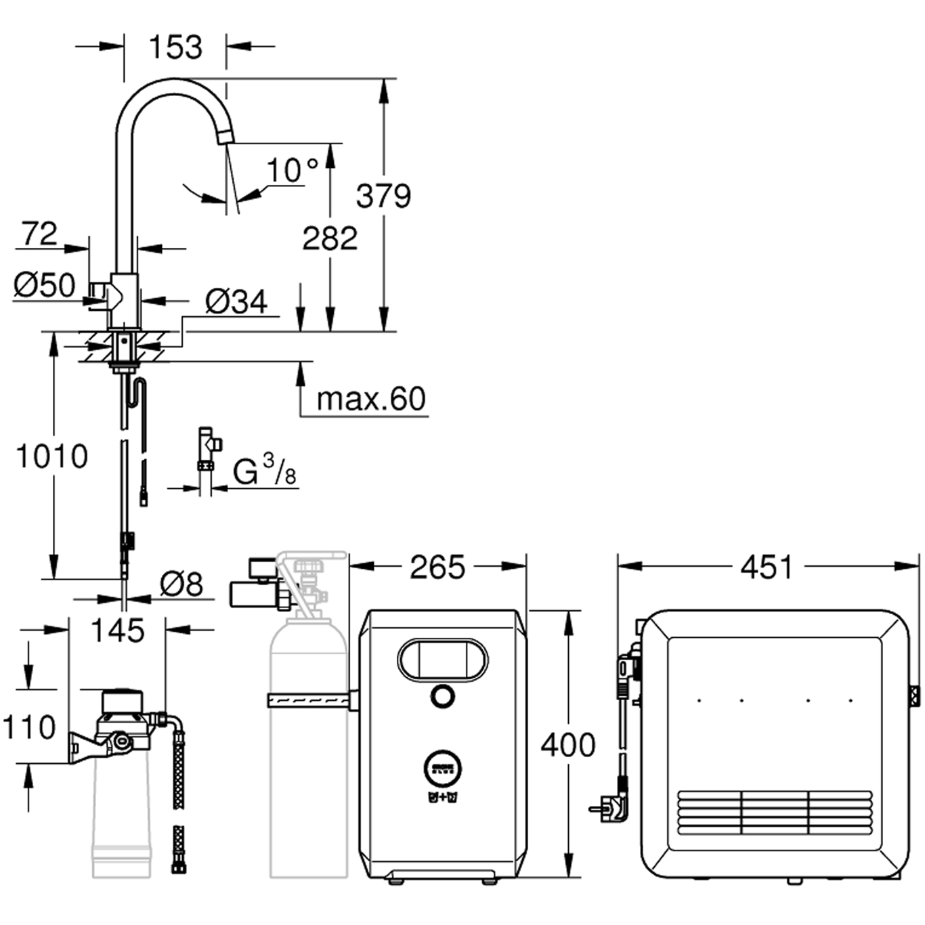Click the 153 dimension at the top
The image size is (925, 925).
(x=175, y=47)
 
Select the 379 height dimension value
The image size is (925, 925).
(x=383, y=196)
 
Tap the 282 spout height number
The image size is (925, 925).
(x=330, y=238)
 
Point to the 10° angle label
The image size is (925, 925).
(x=292, y=171)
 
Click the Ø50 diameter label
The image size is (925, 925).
(x=45, y=285)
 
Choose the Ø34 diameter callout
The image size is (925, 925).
(x=236, y=302)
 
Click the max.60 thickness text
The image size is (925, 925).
(x=371, y=400)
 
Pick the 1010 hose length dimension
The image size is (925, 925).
(x=51, y=456)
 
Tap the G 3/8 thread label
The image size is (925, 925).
(x=264, y=471)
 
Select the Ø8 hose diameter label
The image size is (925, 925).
(x=181, y=584)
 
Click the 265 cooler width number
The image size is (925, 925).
(x=437, y=567)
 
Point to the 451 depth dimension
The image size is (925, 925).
(x=766, y=567)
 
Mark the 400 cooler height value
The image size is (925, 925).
(x=567, y=745)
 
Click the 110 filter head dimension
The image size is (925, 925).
(x=29, y=727)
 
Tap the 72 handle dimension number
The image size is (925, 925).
(x=39, y=234)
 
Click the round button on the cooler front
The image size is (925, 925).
(x=442, y=697)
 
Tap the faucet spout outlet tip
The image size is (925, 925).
(x=224, y=137)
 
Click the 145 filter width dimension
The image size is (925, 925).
(x=117, y=630)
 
